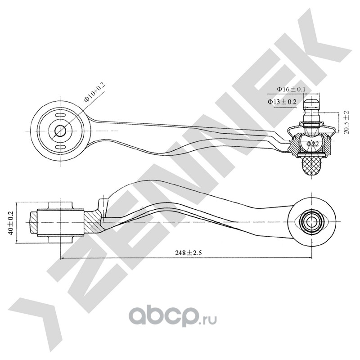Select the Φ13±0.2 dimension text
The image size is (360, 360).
[x=282, y=102]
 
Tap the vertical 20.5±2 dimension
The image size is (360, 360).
[x=346, y=122]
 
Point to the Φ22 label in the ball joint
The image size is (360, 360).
[x=312, y=144]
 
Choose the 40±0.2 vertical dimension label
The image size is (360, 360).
[x=10, y=221]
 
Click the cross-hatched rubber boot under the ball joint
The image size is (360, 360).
[x=312, y=165]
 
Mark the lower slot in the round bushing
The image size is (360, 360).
[x=60, y=147]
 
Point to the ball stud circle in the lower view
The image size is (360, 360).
[x=311, y=220]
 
